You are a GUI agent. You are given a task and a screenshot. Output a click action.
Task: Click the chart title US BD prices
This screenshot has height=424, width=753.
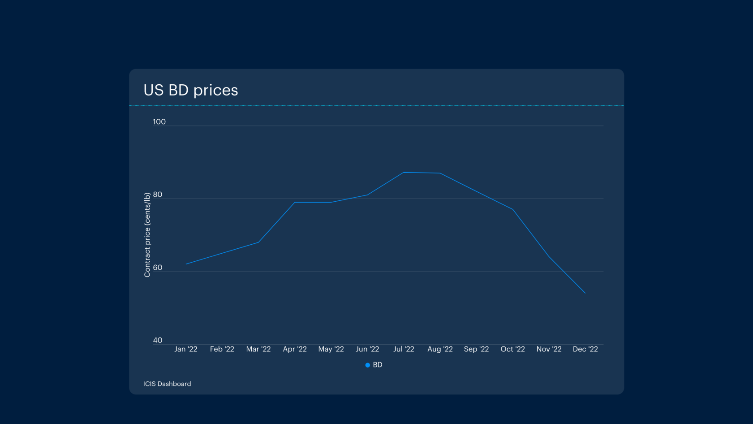click(x=190, y=90)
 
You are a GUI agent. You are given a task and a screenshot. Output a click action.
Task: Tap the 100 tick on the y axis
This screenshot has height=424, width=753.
click(x=159, y=121)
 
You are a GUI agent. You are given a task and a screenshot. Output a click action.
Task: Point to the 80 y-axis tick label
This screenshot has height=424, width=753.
click(x=158, y=195)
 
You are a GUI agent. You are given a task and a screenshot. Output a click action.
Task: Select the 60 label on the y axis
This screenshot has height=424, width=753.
click(x=158, y=268)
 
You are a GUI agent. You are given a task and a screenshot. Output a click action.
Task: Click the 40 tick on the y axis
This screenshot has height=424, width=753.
click(x=158, y=340)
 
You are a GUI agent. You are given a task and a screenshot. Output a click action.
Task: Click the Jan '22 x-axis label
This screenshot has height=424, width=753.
click(x=186, y=349)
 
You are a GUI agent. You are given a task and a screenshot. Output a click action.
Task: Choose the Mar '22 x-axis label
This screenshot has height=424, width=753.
click(x=258, y=349)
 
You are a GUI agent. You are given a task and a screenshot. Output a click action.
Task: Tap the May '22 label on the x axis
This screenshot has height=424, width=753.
click(x=331, y=349)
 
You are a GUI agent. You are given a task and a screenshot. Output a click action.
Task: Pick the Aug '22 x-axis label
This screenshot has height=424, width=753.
click(x=440, y=349)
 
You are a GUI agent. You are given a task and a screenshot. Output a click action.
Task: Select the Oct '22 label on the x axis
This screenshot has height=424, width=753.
click(x=512, y=349)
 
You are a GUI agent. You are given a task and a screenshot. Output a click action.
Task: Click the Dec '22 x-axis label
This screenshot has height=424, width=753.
click(x=585, y=349)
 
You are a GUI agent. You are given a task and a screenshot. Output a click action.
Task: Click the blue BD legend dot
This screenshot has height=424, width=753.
click(x=368, y=365)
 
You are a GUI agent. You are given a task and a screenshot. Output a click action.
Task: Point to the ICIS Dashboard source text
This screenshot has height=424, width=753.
click(x=167, y=384)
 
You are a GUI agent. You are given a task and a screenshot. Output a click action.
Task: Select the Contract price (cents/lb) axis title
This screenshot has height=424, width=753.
click(x=147, y=235)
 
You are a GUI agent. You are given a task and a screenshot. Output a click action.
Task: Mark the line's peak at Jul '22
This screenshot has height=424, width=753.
click(x=404, y=173)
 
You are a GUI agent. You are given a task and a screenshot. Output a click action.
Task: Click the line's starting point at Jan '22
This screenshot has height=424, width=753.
click(x=186, y=264)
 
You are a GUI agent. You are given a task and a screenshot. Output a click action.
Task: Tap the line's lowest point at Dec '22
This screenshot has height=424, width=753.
click(x=585, y=293)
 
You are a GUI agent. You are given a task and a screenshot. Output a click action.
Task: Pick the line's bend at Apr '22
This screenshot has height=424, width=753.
click(x=295, y=202)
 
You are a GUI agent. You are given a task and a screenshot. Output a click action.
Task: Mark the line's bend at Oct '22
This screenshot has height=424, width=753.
click(x=512, y=209)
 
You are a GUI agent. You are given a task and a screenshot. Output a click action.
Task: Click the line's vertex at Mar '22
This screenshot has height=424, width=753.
click(x=258, y=242)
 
